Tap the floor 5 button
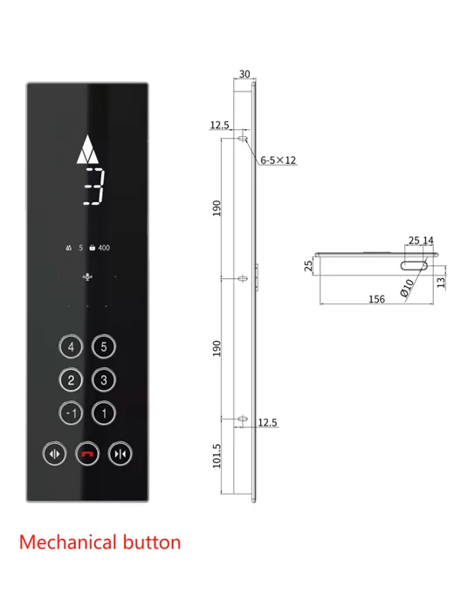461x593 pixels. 104,347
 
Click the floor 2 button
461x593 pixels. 72,379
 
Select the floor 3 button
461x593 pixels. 104,379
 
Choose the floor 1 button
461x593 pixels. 104,412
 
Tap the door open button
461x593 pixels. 55,453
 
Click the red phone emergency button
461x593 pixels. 87,453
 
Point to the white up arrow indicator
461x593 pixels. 88,152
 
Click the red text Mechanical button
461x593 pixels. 100,542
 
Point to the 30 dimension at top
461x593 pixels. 244,74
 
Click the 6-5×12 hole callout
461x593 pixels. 279,160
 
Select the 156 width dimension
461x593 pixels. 376,298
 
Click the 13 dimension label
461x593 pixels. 442,280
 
